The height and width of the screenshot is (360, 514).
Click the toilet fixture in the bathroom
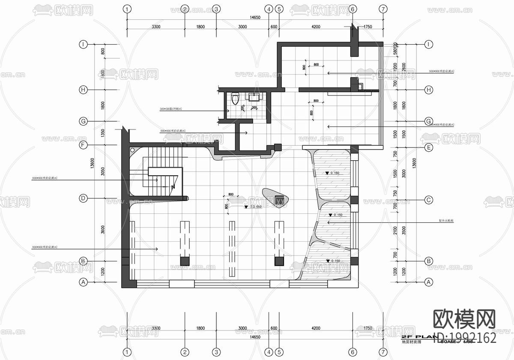[234, 99]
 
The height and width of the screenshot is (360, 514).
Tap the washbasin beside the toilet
[254, 96]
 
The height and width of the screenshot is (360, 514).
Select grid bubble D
[84, 198]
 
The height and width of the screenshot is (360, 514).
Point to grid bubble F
[84, 145]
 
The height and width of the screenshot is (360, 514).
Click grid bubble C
[427, 200]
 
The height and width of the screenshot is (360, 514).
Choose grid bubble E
[427, 147]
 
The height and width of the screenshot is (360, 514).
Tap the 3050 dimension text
[103, 171]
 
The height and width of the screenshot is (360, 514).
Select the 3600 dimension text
[103, 229]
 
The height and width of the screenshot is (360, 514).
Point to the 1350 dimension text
[103, 133]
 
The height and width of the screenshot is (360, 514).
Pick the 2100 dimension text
[395, 231]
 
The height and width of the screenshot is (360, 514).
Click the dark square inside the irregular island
[280, 198]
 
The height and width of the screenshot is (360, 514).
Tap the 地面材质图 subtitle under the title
[411, 342]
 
